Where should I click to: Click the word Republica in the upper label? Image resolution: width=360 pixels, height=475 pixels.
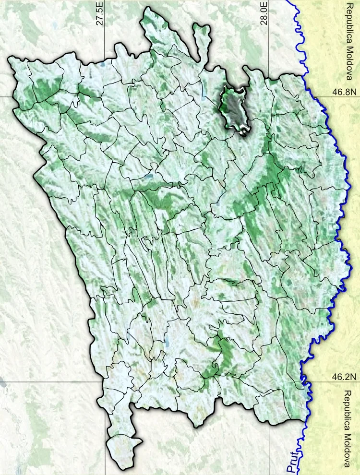(x=349, y=19)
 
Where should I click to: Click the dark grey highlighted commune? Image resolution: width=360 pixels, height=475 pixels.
(x=234, y=108)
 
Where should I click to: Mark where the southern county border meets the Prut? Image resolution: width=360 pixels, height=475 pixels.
(x=304, y=422)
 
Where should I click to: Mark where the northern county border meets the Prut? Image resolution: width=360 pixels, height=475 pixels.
(x=304, y=75)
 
